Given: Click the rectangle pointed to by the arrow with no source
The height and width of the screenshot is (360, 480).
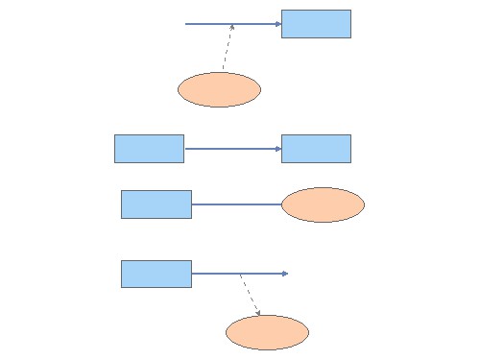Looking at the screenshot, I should (316, 24).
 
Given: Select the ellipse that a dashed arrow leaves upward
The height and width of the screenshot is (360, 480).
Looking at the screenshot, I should (219, 89).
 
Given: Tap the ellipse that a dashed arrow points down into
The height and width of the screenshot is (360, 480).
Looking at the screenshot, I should (267, 332).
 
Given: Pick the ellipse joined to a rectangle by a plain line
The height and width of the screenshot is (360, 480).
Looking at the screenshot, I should (323, 204).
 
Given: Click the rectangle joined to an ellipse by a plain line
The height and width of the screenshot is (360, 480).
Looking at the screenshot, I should (156, 204).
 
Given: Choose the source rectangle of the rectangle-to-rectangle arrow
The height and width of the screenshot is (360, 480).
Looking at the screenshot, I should (149, 149).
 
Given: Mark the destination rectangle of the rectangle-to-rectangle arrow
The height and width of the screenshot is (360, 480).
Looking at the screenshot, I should (316, 149).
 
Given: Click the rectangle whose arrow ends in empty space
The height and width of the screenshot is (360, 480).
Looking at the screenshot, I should (156, 274).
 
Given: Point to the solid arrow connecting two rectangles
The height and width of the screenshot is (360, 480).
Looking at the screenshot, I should (231, 149).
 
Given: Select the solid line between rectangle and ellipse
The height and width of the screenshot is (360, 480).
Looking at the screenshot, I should (236, 204).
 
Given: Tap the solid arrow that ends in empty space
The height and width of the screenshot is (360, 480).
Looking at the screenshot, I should (239, 274).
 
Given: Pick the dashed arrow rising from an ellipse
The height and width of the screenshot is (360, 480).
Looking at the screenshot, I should (228, 48).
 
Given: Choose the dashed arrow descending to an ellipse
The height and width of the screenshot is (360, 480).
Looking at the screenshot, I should (250, 295).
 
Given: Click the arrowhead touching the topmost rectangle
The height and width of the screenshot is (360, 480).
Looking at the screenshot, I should (277, 24).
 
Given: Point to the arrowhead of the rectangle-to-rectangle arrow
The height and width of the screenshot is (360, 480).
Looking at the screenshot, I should (277, 149).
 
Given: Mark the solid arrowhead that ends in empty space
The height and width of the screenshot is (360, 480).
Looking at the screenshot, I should (285, 274).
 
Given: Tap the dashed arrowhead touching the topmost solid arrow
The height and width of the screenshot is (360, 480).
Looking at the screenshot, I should (232, 27).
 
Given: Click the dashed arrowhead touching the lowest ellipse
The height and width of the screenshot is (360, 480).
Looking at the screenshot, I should (258, 312).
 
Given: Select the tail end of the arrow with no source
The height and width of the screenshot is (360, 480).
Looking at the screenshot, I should (186, 24).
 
